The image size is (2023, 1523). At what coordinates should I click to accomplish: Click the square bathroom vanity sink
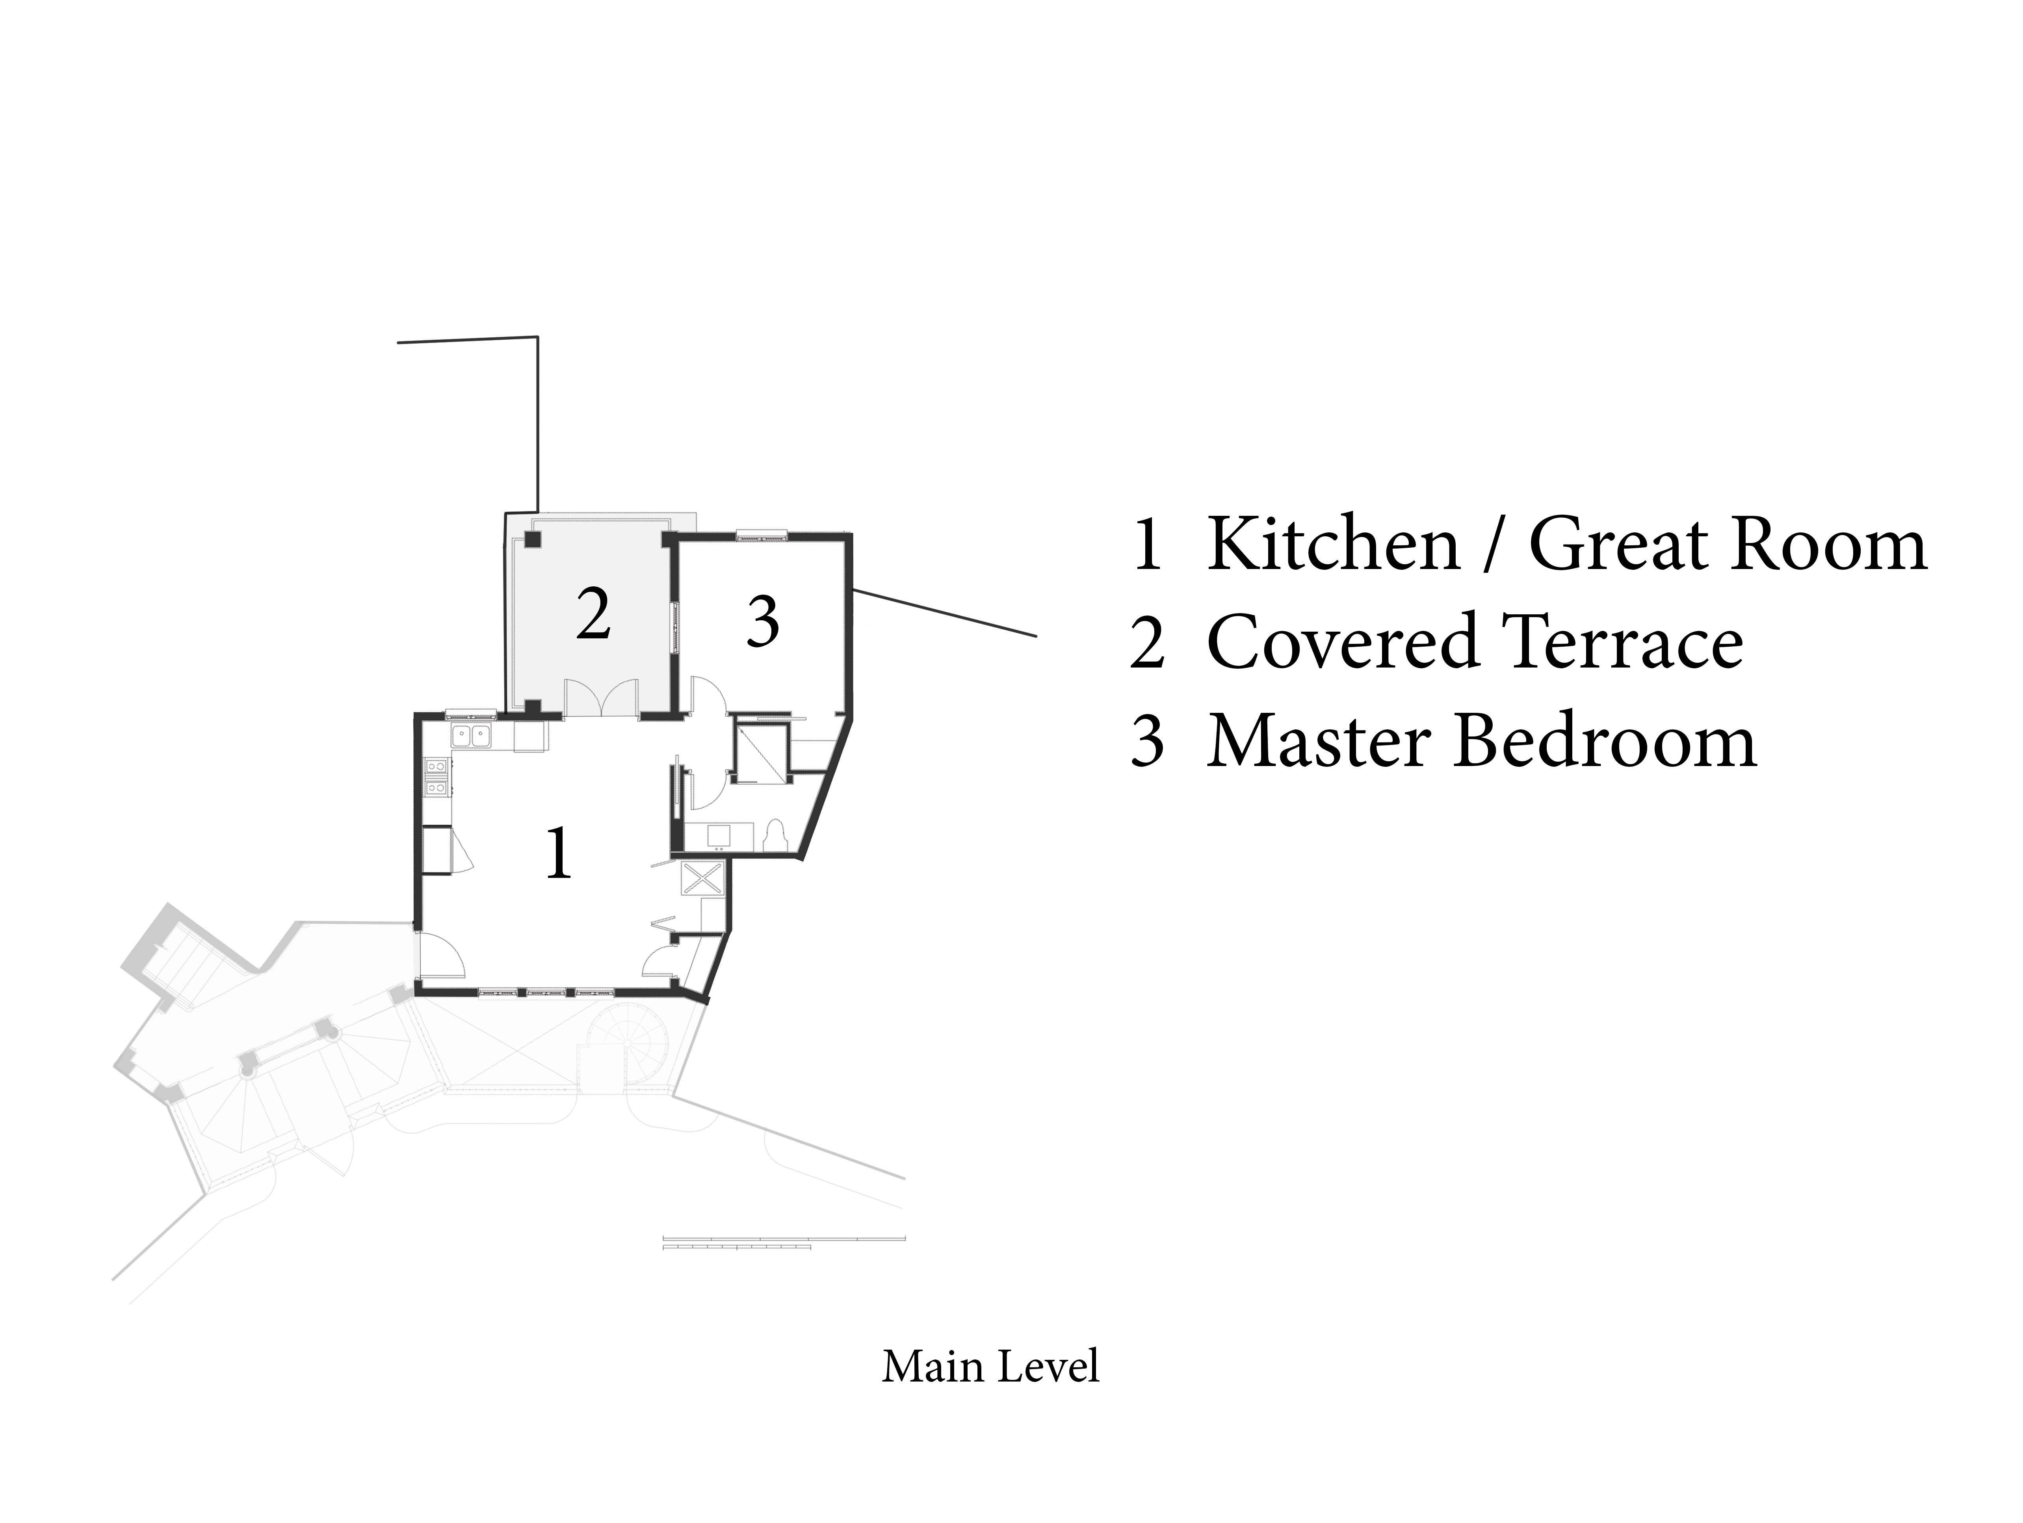pyautogui.click(x=718, y=836)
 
